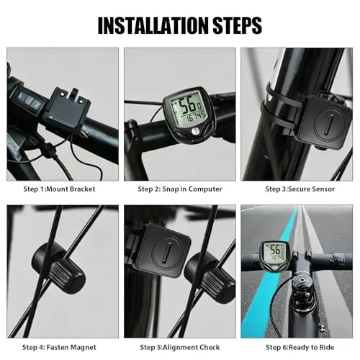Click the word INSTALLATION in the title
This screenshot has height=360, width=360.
153,25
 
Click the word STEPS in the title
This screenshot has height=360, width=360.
238,25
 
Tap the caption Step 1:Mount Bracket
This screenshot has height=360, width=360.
59,189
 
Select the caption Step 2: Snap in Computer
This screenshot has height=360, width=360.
180,189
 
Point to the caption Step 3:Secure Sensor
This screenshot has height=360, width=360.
300,189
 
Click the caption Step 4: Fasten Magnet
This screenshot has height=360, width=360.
59,347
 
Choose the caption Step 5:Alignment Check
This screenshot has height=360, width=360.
180,347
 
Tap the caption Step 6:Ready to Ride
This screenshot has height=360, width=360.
300,347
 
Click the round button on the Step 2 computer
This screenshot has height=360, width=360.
195,131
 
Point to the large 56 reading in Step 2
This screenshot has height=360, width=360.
188,105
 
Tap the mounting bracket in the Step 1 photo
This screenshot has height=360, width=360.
68,109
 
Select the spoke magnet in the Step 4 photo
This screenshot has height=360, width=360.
59,268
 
